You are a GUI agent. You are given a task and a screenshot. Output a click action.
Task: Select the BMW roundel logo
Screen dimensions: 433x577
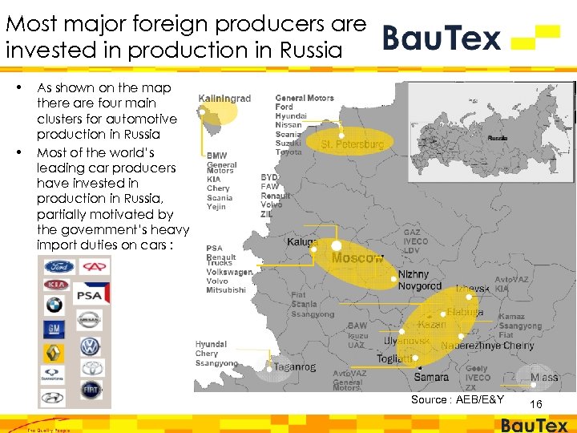54,305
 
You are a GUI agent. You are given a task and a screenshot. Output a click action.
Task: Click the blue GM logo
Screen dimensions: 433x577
54,328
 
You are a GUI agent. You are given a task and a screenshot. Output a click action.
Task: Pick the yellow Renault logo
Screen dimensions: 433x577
54,351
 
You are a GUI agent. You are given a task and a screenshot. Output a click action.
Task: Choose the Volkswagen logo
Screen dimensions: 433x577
89,347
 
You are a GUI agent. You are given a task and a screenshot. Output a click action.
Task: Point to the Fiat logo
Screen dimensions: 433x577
91,390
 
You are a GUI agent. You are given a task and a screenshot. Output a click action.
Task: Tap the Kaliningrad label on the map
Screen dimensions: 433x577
225,99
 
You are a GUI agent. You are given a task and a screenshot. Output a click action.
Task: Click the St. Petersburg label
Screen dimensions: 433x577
352,145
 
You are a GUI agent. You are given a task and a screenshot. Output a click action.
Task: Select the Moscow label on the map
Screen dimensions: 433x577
357,258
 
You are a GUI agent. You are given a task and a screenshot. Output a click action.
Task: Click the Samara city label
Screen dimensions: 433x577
431,377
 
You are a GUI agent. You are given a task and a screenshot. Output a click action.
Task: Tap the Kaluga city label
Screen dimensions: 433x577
303,242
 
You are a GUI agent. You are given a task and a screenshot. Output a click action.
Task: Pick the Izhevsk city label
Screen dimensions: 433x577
473,288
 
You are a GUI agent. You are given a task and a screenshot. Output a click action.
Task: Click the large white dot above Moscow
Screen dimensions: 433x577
337,245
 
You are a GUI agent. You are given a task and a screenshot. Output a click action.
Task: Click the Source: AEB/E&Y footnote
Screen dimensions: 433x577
458,399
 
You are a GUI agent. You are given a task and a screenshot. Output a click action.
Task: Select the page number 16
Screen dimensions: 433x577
536,404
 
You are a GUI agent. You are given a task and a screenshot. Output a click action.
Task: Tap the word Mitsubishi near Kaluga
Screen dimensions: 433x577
226,290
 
